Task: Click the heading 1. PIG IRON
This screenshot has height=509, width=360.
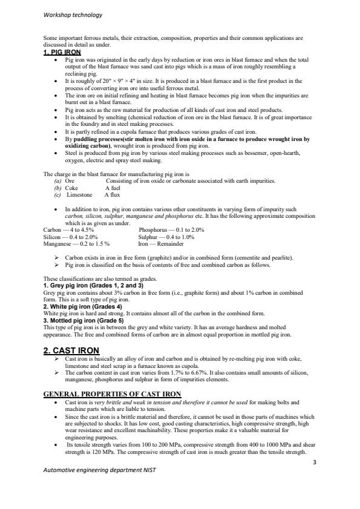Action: [62, 52]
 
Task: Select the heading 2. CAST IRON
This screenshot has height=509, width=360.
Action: [71, 350]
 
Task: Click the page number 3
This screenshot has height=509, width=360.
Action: [315, 462]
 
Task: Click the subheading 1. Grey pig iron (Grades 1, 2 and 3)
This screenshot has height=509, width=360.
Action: [93, 284]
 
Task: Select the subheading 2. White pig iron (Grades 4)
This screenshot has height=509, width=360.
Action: [83, 306]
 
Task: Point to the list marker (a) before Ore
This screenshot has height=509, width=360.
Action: [57, 181]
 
